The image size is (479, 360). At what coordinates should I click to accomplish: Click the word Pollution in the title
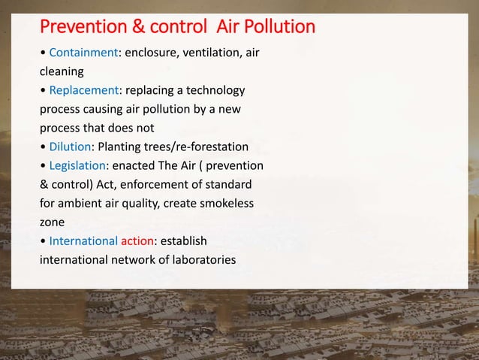[x=277, y=28]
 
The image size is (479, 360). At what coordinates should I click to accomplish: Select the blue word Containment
[x=80, y=54]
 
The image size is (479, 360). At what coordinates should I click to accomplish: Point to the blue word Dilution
[x=68, y=147]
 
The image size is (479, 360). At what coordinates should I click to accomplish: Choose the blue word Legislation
[x=77, y=165]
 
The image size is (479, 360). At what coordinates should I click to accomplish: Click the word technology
[x=214, y=91]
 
